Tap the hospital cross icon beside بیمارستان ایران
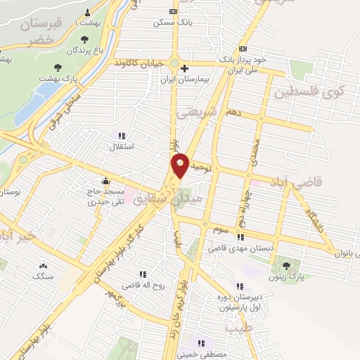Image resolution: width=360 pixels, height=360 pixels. coord(184,69)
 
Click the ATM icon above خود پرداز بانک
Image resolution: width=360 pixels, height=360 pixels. coord(243,48)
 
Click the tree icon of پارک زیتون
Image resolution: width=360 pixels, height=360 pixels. coord(285,265)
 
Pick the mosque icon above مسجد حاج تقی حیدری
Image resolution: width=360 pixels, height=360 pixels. coord(105,180)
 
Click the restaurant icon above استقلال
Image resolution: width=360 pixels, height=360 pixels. coord(122,135)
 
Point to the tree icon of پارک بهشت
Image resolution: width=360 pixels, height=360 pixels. coord(58,68)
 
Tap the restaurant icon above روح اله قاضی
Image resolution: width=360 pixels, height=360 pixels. coord(143,274)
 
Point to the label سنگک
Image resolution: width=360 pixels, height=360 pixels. coord(43,276)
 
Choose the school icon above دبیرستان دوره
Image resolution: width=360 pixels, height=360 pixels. coord(240,286)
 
